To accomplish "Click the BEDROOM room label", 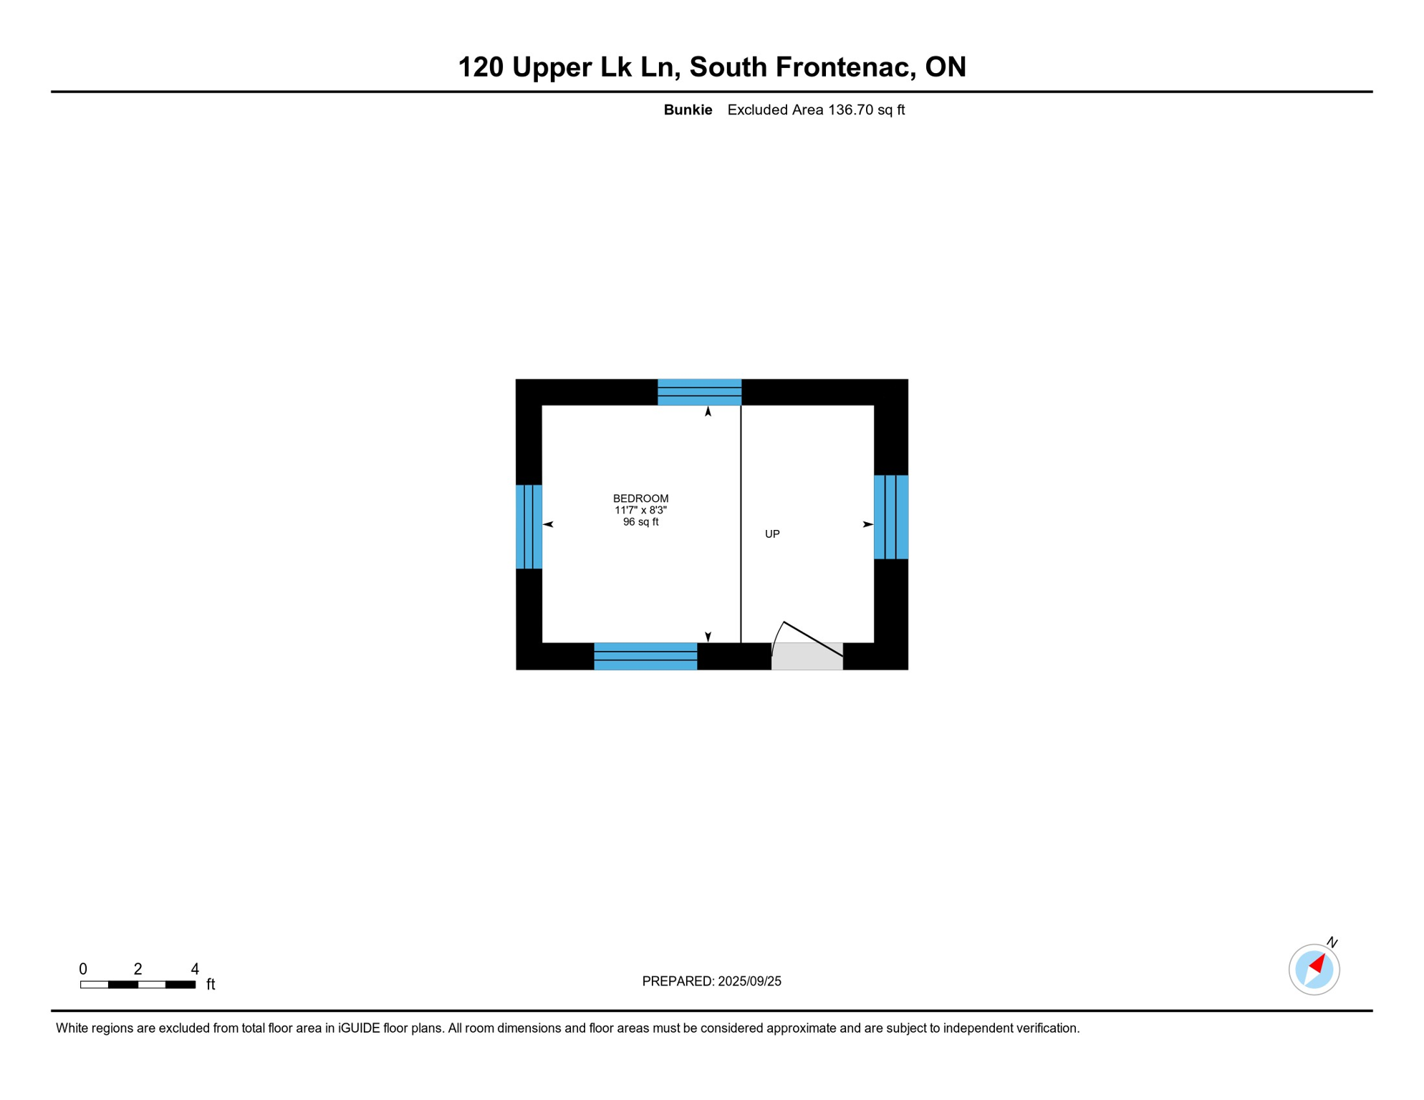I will point(640,498).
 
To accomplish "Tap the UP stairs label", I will point(771,534).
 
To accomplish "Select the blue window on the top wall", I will point(699,392).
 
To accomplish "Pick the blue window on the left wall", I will point(529,527).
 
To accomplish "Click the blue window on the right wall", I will point(890,517).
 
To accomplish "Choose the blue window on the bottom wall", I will point(645,656).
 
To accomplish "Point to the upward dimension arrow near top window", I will point(708,412).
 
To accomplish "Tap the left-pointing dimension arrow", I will point(548,525).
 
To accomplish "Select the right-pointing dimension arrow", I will point(867,525).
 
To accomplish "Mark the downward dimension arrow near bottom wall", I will point(708,637).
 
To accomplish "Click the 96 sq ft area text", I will point(640,522).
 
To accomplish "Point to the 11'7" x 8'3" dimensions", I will point(640,511).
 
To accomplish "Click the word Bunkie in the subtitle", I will point(687,110).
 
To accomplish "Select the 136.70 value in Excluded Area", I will point(851,110).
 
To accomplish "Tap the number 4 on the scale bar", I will point(194,969).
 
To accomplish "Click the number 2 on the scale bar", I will point(138,969).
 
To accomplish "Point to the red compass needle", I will point(1317,964).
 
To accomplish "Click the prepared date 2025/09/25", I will point(749,981).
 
